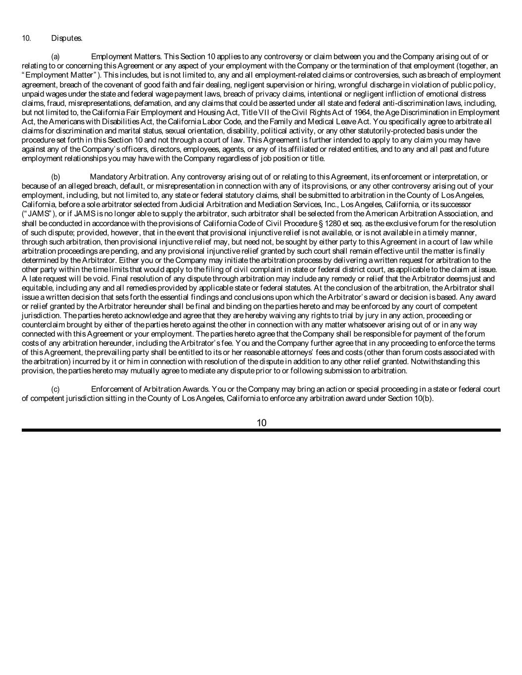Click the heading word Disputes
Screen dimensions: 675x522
click(67, 38)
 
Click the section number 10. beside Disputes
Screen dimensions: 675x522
click(26, 38)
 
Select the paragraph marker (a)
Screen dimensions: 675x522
click(55, 57)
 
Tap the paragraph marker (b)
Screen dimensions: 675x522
click(55, 177)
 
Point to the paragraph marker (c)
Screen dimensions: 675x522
click(55, 389)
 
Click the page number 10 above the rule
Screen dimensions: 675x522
click(262, 422)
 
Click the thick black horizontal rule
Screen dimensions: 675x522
click(261, 430)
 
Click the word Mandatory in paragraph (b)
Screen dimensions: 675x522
click(108, 177)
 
